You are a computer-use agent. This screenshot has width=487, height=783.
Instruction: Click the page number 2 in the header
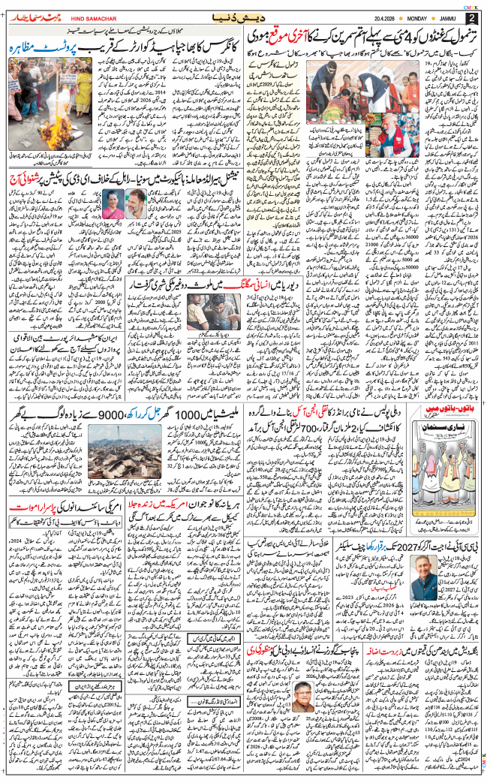[x=470, y=17]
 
